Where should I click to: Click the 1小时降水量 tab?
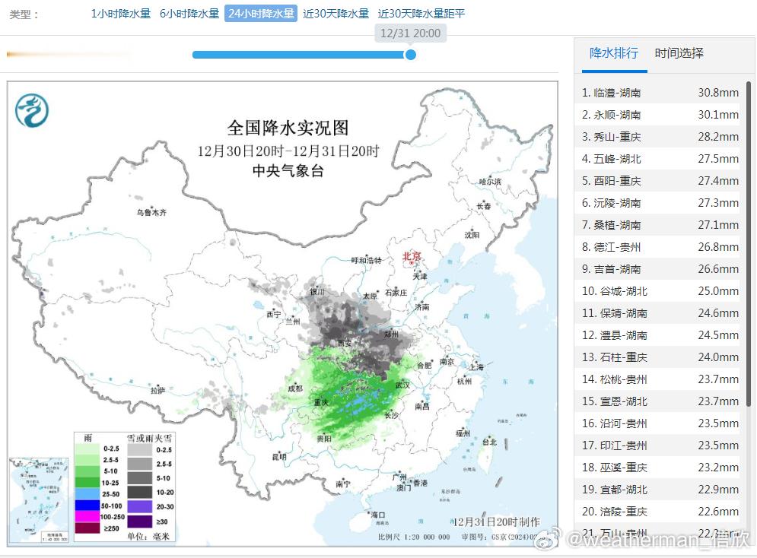[121, 14]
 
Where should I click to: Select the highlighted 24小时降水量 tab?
[260, 14]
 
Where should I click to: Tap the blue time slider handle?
[411, 55]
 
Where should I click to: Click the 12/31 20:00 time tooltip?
[409, 33]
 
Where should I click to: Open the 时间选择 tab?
[679, 53]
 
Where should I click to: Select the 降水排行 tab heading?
[614, 53]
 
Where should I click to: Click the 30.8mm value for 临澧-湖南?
[718, 93]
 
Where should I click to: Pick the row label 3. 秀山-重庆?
[612, 137]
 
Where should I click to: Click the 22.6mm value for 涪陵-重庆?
[718, 512]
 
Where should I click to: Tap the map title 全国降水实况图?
[288, 128]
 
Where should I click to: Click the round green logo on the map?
[32, 111]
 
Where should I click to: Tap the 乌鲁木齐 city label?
[151, 213]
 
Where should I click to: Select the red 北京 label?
[412, 256]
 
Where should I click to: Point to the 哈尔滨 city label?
[490, 182]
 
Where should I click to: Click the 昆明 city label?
[279, 457]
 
